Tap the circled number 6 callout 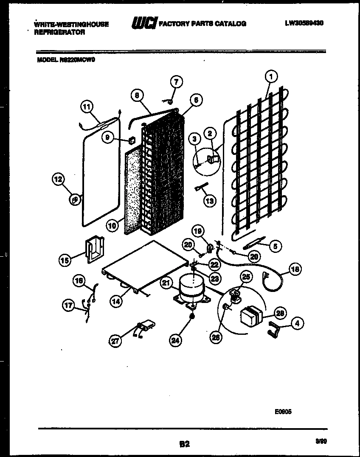click(x=196, y=100)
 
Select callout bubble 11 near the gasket click(x=87, y=107)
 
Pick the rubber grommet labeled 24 click(x=192, y=317)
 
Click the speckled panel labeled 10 click(x=135, y=191)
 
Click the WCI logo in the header click(x=144, y=24)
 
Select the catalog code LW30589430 click(x=304, y=23)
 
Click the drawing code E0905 click(x=283, y=411)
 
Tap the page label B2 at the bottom click(x=184, y=444)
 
